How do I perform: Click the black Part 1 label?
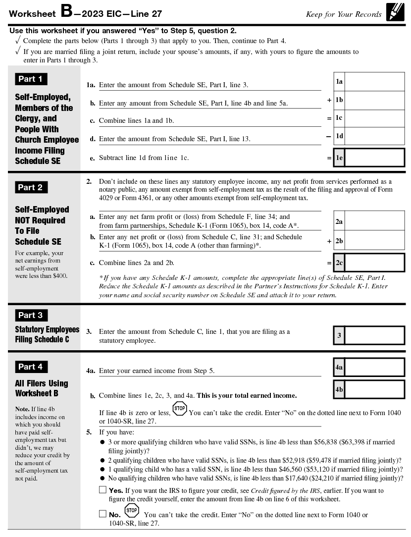(30, 79)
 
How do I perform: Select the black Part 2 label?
(30, 187)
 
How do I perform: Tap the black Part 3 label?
(30, 315)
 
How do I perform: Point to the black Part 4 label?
(30, 367)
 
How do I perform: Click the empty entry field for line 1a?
(374, 81)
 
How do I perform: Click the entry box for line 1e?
(374, 158)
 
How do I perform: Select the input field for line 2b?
(374, 241)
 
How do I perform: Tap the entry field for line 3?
(374, 335)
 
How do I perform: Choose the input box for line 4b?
(374, 389)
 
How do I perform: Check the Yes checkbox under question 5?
(103, 490)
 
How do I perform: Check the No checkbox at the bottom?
(103, 514)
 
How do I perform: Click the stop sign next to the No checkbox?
(132, 511)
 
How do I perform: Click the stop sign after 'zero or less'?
(180, 409)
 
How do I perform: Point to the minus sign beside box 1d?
(328, 136)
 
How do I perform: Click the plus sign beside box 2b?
(329, 241)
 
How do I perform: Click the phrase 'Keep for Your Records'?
(344, 14)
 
